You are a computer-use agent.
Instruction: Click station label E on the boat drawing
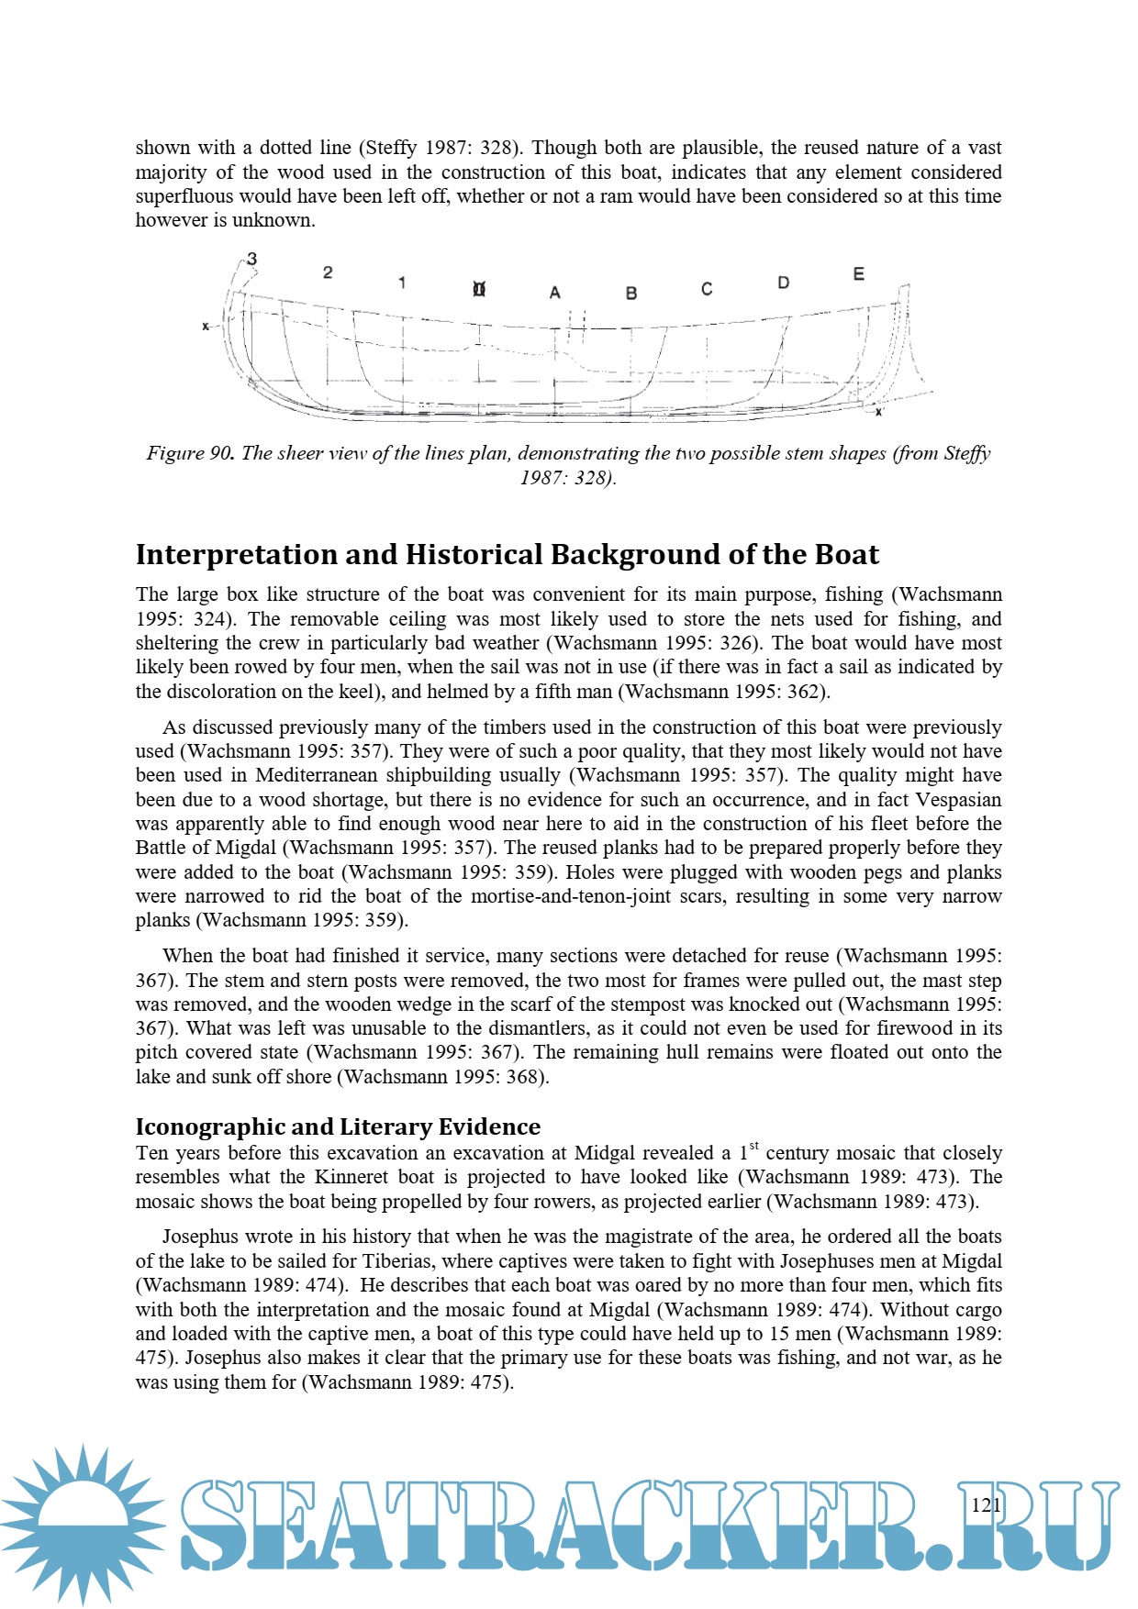pyautogui.click(x=858, y=274)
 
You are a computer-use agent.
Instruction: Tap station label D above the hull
pyautogui.click(x=783, y=283)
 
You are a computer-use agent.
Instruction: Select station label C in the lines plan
pyautogui.click(x=707, y=289)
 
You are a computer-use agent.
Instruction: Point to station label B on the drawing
pyautogui.click(x=631, y=294)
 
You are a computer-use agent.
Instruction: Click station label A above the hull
pyautogui.click(x=554, y=293)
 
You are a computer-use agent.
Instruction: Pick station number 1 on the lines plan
pyautogui.click(x=402, y=283)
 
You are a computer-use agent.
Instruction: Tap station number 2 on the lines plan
pyautogui.click(x=328, y=272)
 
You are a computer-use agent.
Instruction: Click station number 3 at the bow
pyautogui.click(x=252, y=259)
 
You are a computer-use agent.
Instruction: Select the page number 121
pyautogui.click(x=986, y=1505)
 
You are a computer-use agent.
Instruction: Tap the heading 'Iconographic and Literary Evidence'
pyautogui.click(x=338, y=1126)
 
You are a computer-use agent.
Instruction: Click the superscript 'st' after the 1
pyautogui.click(x=753, y=1147)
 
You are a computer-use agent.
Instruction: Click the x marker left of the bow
pyautogui.click(x=206, y=326)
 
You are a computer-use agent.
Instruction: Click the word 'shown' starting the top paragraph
pyautogui.click(x=163, y=148)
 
